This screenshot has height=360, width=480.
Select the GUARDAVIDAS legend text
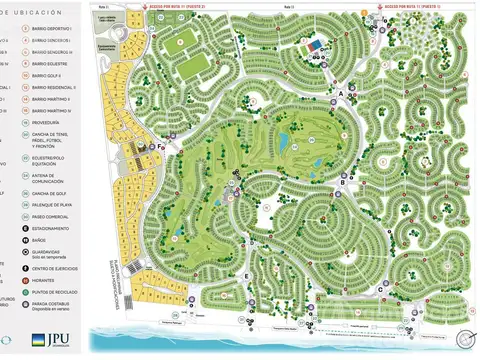pyautogui.click(x=54, y=252)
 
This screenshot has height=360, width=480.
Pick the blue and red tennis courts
pyautogui.click(x=315, y=44)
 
